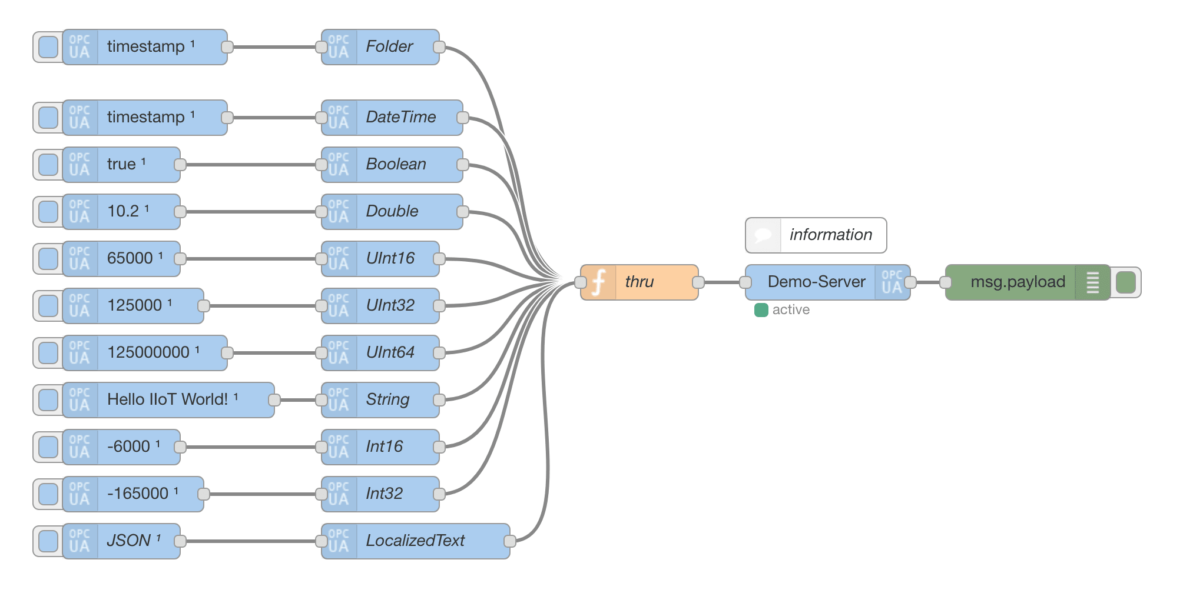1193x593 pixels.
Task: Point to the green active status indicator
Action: (x=761, y=310)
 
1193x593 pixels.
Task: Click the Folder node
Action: (x=389, y=47)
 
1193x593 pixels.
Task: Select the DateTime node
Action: (x=400, y=118)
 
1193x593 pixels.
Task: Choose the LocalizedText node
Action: (x=415, y=541)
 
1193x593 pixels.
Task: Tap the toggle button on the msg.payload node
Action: (x=1125, y=282)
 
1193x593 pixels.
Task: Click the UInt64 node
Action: (x=390, y=353)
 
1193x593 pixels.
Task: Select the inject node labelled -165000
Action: (x=138, y=494)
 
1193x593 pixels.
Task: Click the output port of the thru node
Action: (x=698, y=282)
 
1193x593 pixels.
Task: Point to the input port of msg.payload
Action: (x=946, y=282)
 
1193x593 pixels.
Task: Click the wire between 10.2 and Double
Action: (x=250, y=212)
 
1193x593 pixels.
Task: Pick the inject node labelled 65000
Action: (x=130, y=259)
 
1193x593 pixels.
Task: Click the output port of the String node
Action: (x=439, y=400)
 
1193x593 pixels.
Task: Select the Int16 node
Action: (x=384, y=447)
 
